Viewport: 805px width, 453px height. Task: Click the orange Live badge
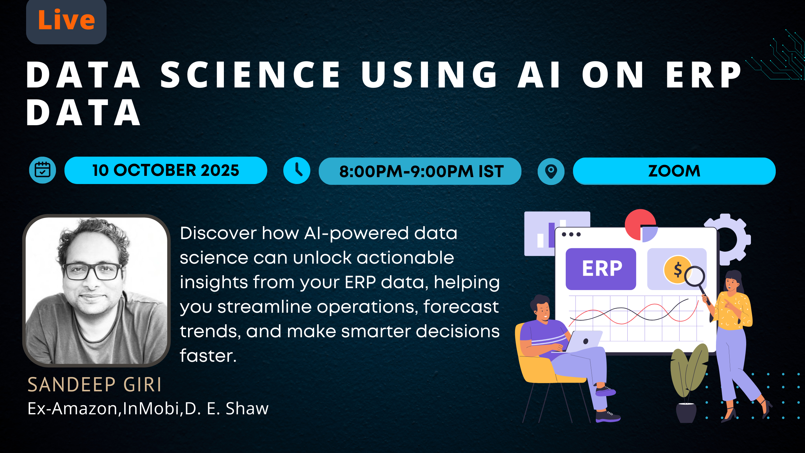point(66,20)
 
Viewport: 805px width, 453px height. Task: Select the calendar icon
point(42,170)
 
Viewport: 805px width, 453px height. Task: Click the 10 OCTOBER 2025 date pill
point(166,170)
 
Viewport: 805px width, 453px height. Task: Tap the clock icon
point(297,171)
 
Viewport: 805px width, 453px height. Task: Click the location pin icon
point(551,171)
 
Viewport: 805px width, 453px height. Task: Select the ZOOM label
point(674,171)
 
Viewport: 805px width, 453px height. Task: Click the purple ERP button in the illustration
point(601,269)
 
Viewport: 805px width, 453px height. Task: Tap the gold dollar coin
point(676,269)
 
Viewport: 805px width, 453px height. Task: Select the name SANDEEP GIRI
point(94,384)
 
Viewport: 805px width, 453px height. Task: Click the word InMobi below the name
point(151,408)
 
